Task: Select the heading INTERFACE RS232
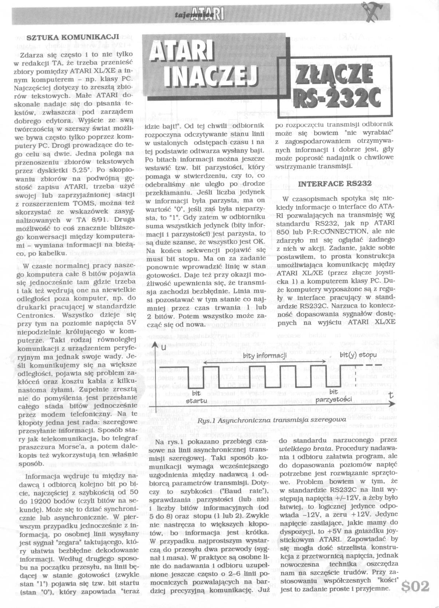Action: tap(335, 183)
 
